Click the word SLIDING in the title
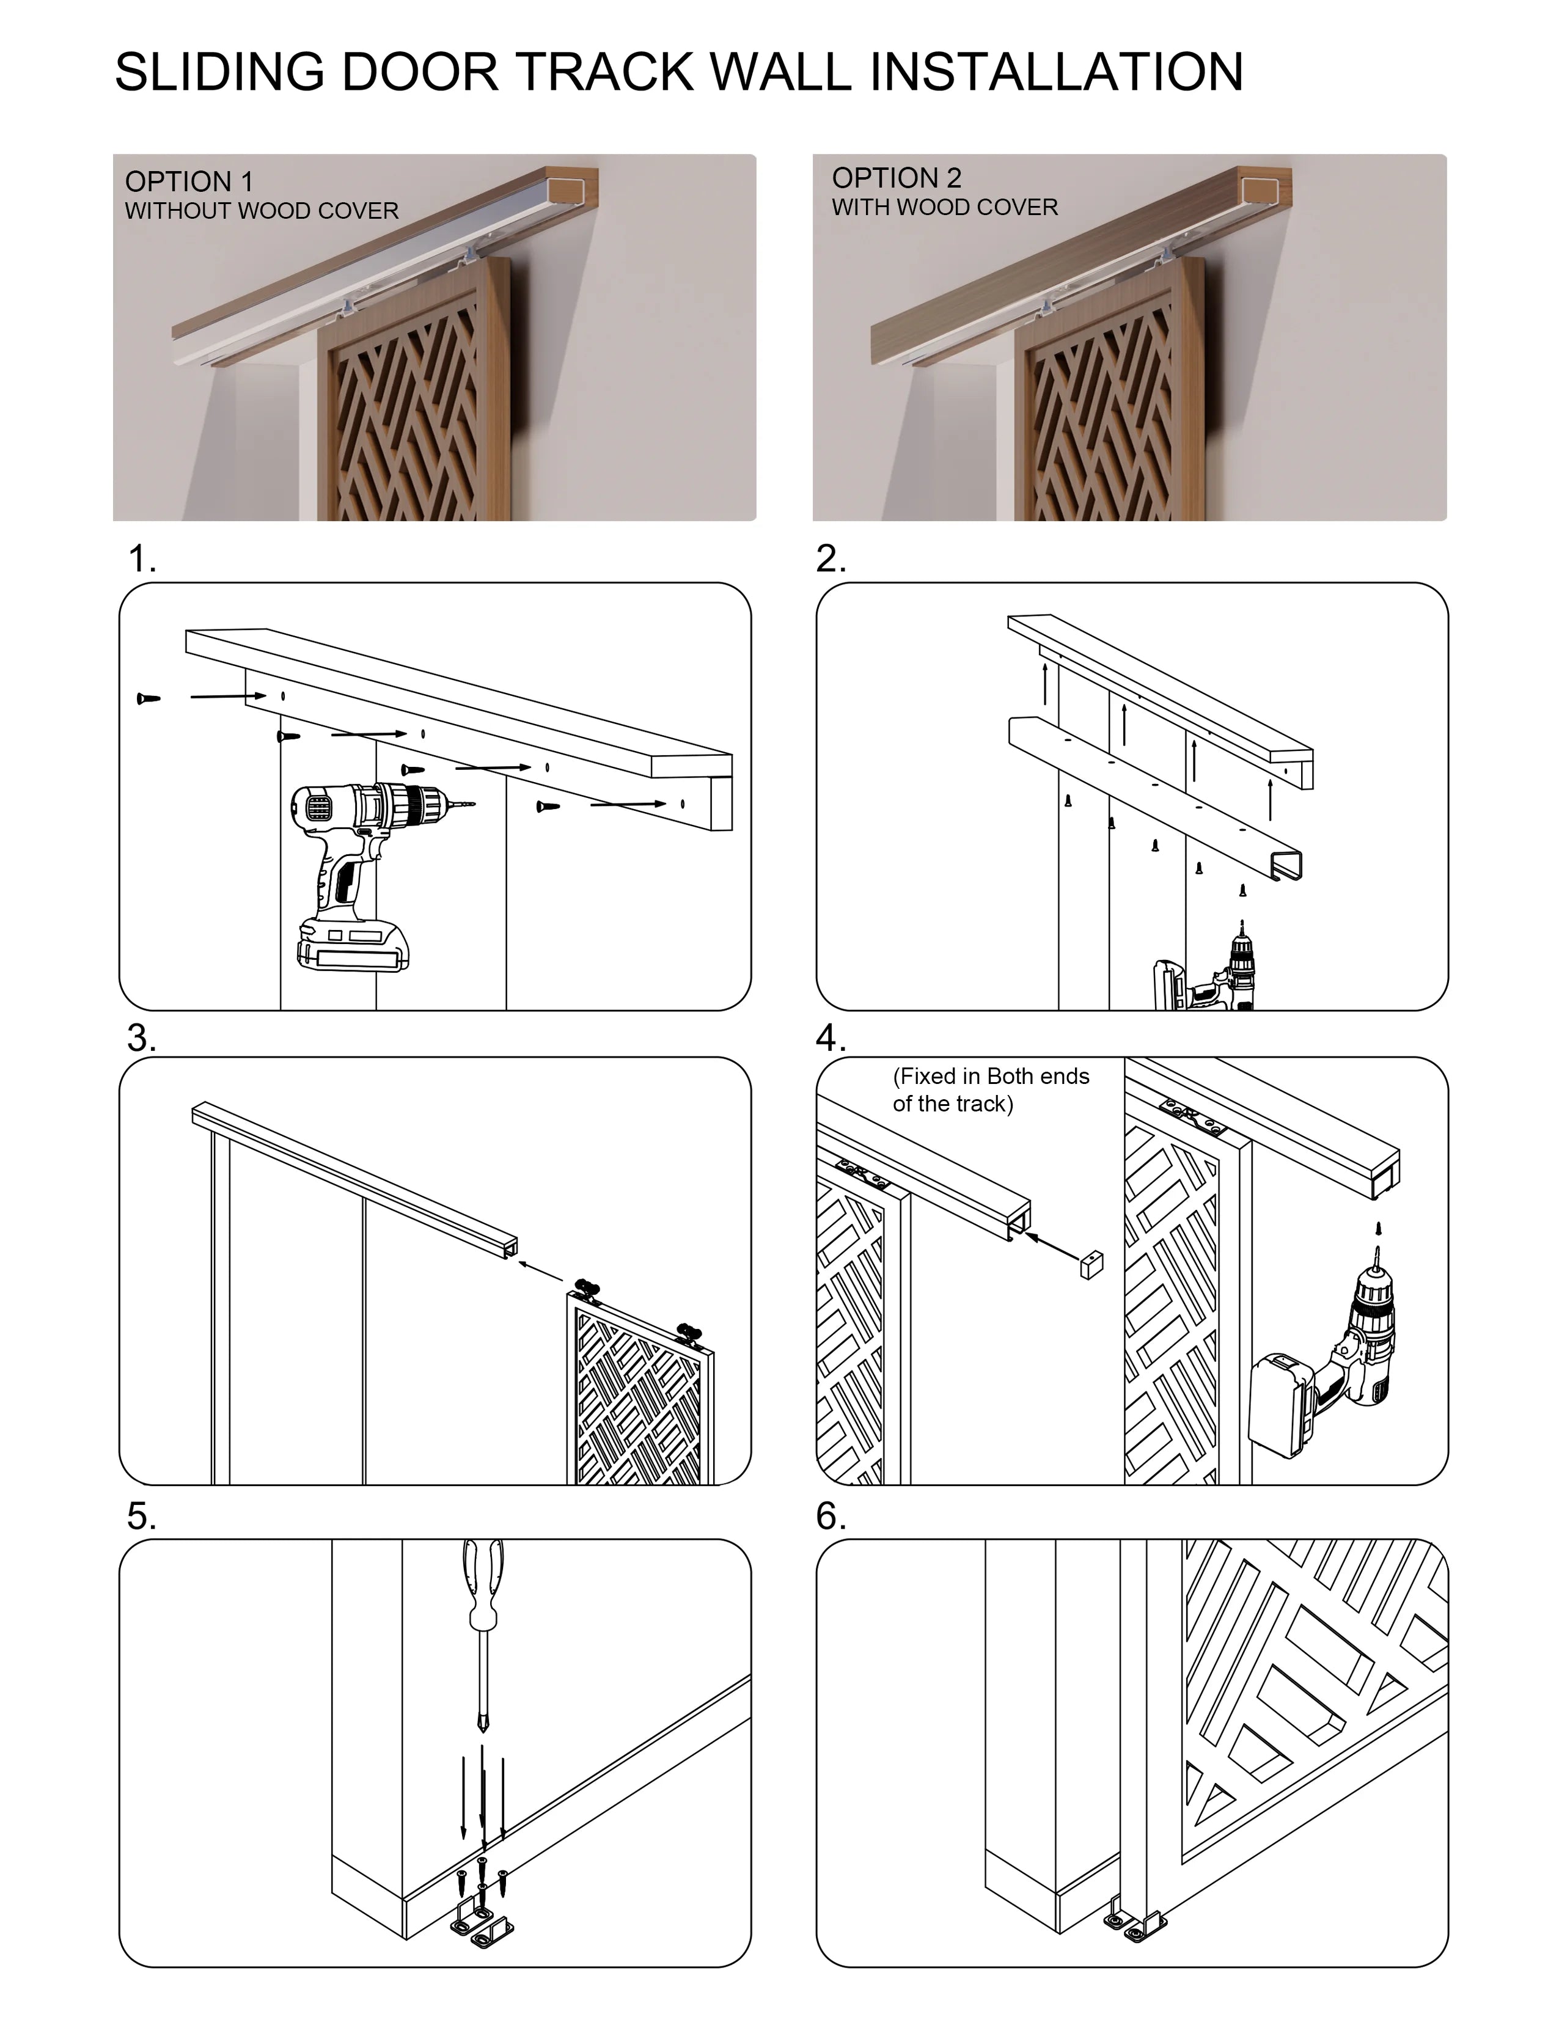[x=219, y=72]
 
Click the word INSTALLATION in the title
[x=1057, y=72]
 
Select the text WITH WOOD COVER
[x=945, y=207]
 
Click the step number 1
[x=141, y=558]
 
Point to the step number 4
[x=831, y=1038]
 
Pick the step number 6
[x=831, y=1515]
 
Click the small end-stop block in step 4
[x=1091, y=1264]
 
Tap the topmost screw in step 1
[x=148, y=698]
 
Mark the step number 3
[x=141, y=1038]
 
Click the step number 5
[x=141, y=1515]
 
